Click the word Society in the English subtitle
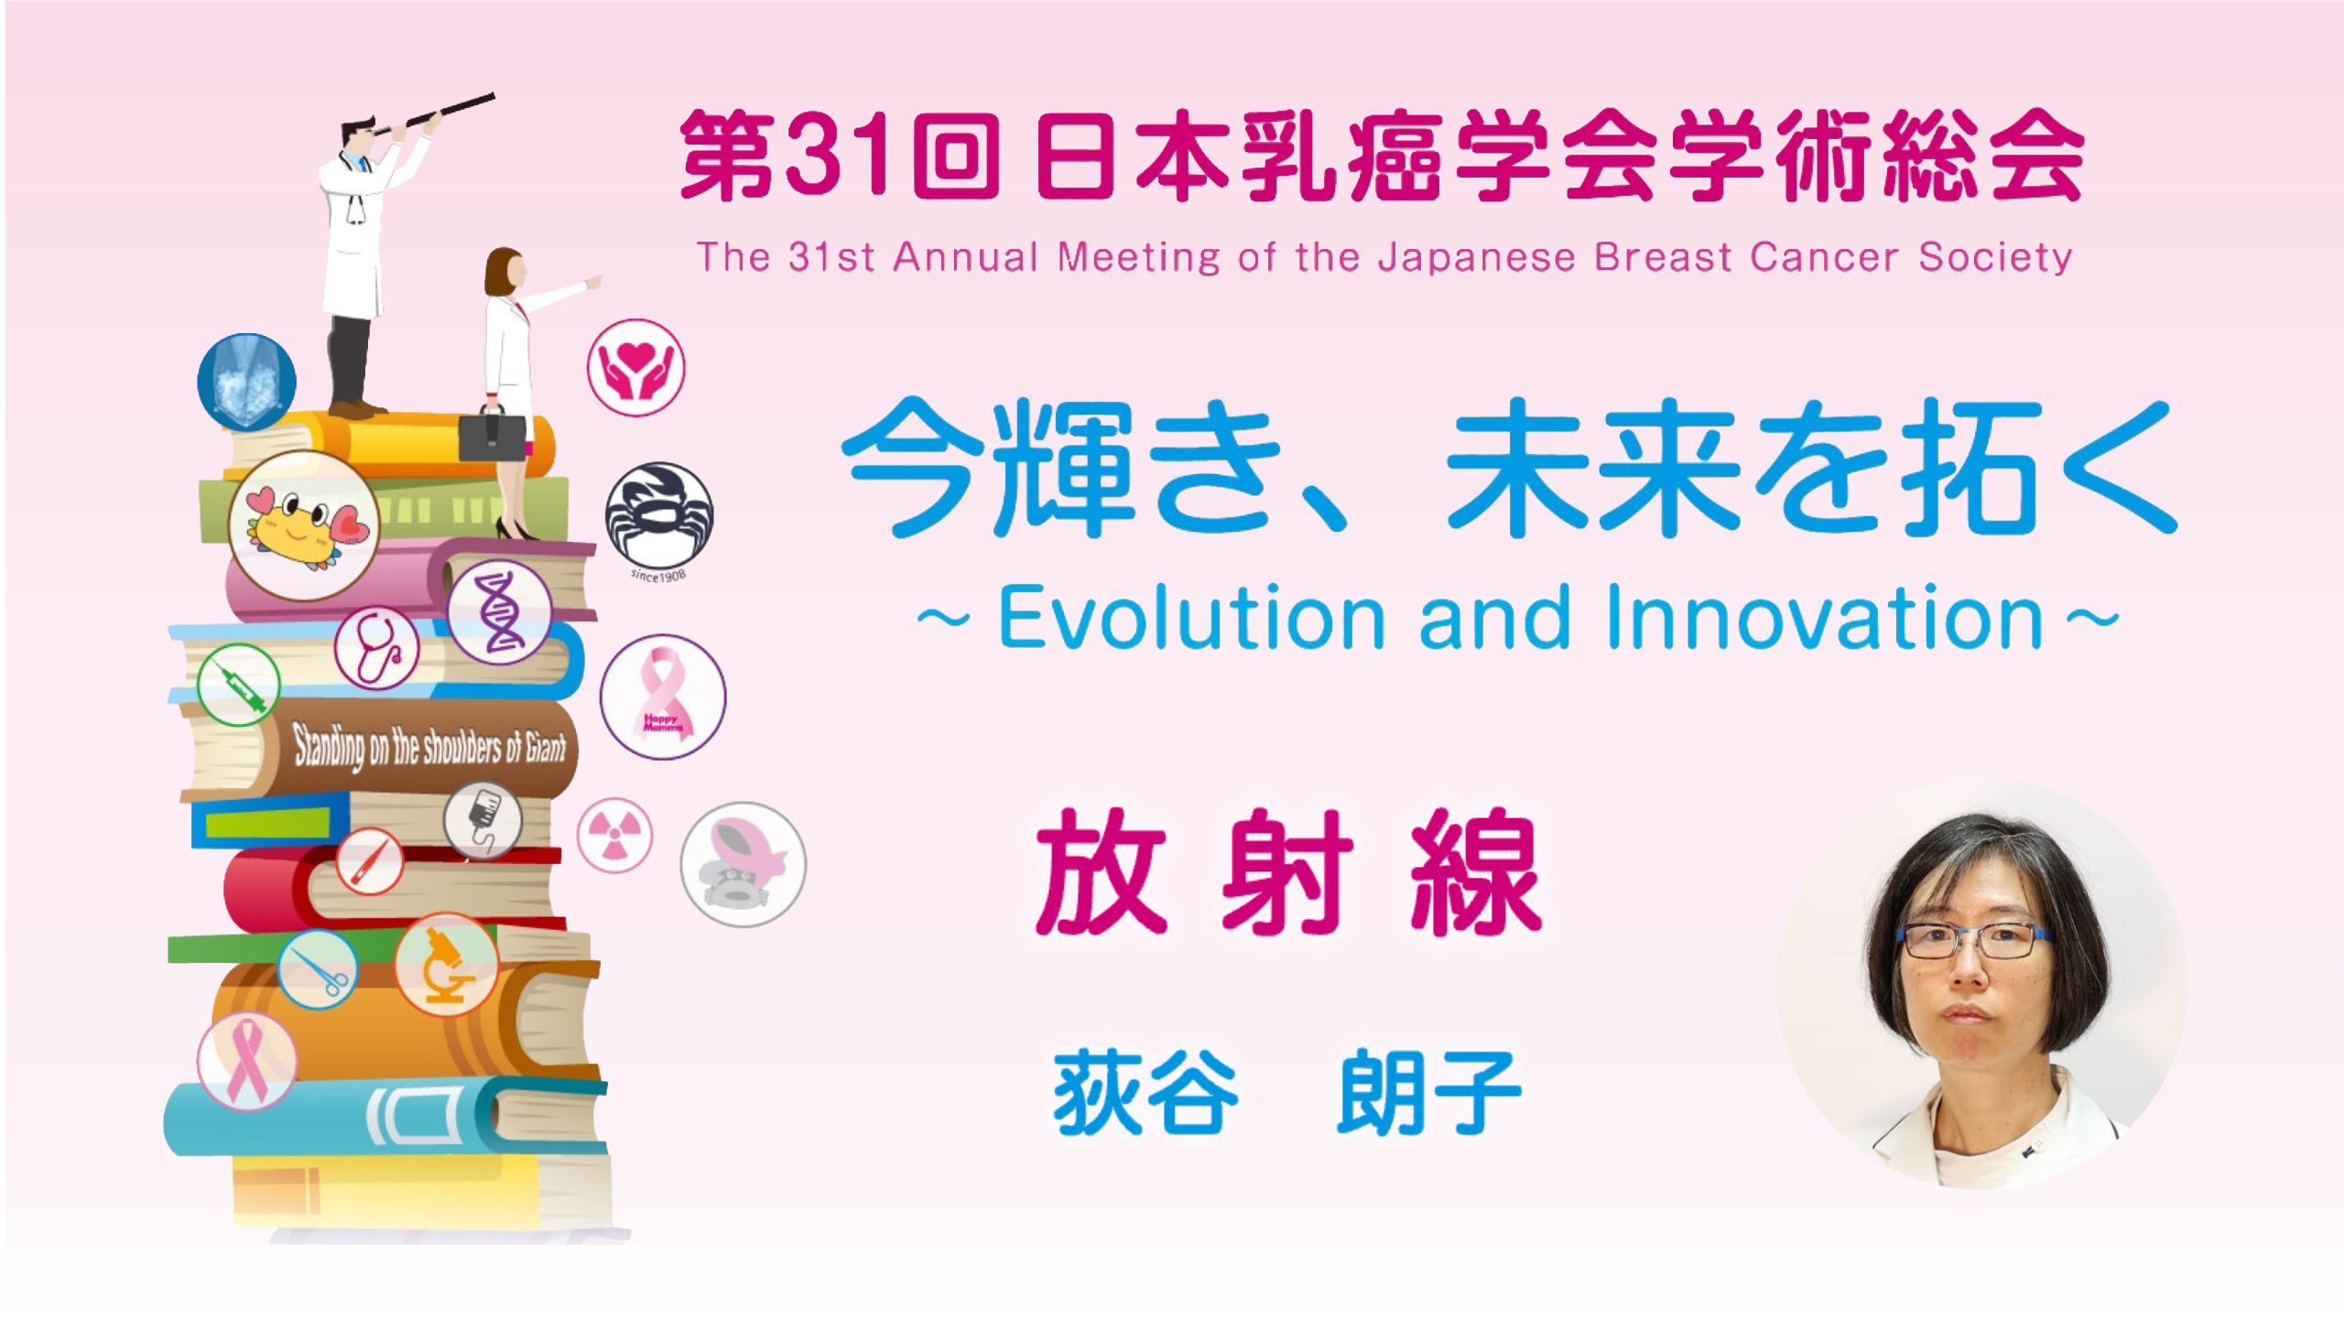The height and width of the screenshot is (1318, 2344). tap(1995, 257)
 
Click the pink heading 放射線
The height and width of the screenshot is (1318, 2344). tap(1289, 872)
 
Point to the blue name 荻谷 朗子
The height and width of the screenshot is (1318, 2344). tap(1286, 1092)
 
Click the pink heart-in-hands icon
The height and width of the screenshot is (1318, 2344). tap(635, 367)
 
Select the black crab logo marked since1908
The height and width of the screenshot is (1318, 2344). tap(658, 517)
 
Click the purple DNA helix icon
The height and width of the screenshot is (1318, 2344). tap(500, 611)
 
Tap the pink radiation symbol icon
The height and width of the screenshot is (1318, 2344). tap(614, 836)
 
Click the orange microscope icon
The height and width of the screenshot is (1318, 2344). tap(446, 965)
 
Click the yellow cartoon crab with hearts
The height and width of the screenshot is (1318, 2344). tap(304, 525)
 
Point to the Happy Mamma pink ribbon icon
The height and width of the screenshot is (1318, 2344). tap(663, 697)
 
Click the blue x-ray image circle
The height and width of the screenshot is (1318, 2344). tap(247, 382)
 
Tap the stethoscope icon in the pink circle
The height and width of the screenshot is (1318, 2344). tap(377, 647)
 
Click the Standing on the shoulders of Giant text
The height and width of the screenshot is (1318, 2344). tap(429, 747)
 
